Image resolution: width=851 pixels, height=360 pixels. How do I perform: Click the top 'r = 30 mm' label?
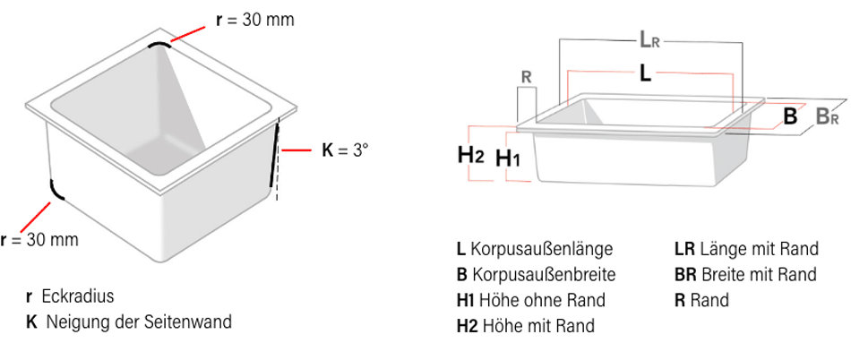[254, 20]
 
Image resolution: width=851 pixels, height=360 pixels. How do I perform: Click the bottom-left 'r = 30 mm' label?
[39, 239]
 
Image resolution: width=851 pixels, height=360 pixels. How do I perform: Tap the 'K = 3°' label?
[345, 150]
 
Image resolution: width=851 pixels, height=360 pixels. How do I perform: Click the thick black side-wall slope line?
[274, 156]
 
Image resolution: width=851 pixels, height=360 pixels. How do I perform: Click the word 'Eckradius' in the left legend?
[77, 296]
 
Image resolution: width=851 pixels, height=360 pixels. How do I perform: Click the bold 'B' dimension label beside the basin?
[790, 116]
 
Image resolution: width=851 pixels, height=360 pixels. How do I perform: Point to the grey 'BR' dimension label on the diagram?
[826, 116]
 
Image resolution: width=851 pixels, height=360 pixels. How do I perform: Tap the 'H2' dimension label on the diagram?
[470, 154]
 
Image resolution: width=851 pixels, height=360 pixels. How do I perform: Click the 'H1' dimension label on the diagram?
[508, 159]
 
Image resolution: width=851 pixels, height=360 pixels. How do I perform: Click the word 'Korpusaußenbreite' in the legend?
[543, 274]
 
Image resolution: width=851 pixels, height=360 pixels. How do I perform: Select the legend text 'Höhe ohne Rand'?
[543, 300]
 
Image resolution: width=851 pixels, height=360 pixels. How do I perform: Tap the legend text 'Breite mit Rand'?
[759, 274]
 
